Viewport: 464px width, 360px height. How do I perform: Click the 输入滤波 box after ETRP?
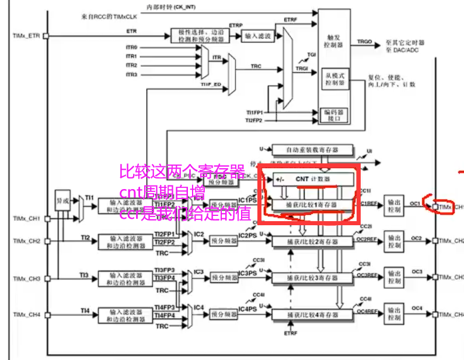pyautogui.click(x=258, y=36)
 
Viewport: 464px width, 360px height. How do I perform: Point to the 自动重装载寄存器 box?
pyautogui.click(x=313, y=150)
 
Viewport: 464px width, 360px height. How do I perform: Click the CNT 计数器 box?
pyautogui.click(x=310, y=179)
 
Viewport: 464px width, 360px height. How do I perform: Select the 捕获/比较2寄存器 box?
pyautogui.click(x=313, y=240)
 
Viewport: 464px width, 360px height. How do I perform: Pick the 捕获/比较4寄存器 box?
pyautogui.click(x=313, y=314)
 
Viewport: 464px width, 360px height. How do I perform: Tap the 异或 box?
pyautogui.click(x=63, y=201)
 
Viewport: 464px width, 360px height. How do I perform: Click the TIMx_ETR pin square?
pyautogui.click(x=46, y=36)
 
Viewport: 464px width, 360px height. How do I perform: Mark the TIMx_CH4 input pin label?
pyautogui.click(x=26, y=315)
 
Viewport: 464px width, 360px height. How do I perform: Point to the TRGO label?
pyautogui.click(x=365, y=41)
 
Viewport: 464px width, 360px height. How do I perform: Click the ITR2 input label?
pyautogui.click(x=131, y=65)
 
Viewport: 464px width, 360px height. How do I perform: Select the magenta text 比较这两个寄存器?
pyautogui.click(x=182, y=172)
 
